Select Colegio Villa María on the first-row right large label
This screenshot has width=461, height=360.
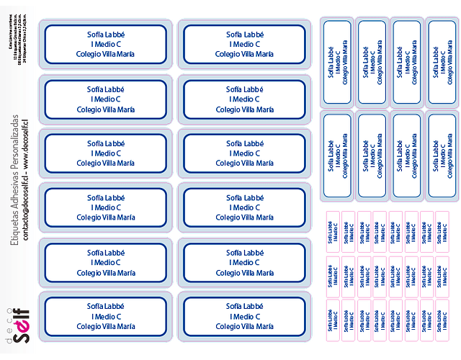(245, 54)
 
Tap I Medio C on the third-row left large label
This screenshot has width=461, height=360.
(106, 153)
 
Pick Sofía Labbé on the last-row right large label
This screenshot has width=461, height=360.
(245, 306)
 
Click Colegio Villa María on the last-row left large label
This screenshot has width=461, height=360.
(106, 327)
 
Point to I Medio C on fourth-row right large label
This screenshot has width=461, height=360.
(245, 207)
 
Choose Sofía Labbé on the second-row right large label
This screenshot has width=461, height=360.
(245, 88)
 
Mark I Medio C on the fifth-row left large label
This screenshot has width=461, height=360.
(106, 262)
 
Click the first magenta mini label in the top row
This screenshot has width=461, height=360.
(332, 229)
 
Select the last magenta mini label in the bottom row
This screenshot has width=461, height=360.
(444, 317)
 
